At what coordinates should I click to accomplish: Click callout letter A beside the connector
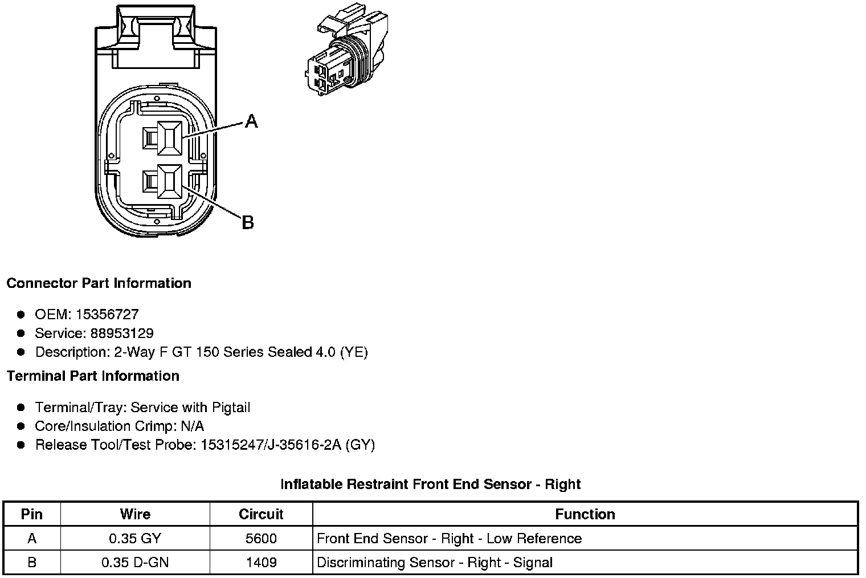coord(251,121)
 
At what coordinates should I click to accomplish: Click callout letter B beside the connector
coord(247,222)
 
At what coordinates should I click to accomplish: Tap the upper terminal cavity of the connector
coord(169,137)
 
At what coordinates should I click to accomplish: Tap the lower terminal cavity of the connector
coord(169,182)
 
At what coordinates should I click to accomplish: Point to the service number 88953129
coord(122,333)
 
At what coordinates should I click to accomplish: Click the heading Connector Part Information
coord(99,283)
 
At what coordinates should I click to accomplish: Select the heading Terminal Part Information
coord(93,376)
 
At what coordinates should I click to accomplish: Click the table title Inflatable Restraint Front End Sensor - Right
coord(430,485)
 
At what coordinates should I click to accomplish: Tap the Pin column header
coord(32,514)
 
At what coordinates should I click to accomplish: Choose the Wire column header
coord(135,514)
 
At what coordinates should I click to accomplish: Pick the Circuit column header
coord(261,514)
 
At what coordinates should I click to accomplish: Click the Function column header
coord(585,514)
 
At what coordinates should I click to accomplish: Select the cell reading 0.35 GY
coord(135,539)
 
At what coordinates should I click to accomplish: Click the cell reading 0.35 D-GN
coord(135,563)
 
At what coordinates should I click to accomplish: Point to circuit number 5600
coord(261,539)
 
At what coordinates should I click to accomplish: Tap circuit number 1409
coord(261,563)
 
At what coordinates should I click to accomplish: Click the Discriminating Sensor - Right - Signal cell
coord(434,563)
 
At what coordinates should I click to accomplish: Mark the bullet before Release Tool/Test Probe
coord(21,445)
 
